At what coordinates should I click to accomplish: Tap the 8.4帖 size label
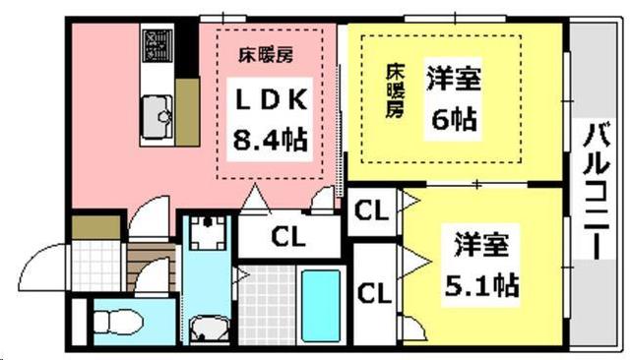[x=269, y=138]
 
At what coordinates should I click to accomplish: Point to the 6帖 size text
[x=453, y=118]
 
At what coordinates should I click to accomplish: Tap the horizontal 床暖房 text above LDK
[x=269, y=55]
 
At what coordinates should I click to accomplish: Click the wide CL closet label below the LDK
[x=288, y=237]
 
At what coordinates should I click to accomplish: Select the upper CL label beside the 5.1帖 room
[x=371, y=210]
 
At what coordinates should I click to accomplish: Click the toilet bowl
[x=118, y=321]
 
